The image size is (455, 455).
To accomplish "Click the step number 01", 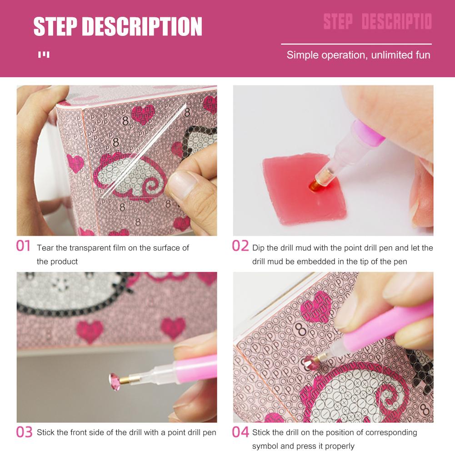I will tap(23, 247).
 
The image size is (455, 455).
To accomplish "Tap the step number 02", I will tap(240, 246).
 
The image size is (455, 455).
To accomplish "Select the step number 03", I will tap(24, 432).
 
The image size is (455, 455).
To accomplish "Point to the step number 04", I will tap(240, 432).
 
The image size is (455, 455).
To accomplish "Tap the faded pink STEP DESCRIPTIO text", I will tap(377, 22).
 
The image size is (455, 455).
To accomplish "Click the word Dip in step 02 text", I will tap(258, 248).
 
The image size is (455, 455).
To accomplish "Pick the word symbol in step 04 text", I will tap(265, 446).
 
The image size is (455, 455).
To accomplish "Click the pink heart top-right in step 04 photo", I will tap(316, 304).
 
